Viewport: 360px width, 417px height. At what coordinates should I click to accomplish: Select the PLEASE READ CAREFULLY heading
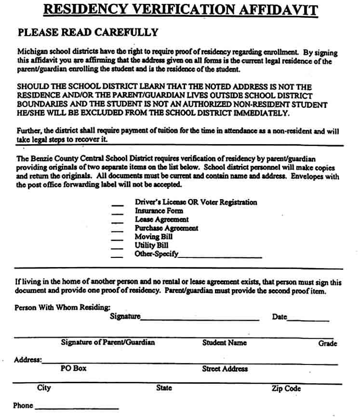[x=88, y=33]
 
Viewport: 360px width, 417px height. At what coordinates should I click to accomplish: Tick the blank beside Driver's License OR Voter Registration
[x=117, y=204]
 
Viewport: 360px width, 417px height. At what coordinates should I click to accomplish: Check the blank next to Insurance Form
[x=117, y=213]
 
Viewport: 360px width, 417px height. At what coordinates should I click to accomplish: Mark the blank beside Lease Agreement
[x=117, y=222]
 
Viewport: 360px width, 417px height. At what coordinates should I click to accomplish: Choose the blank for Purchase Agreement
[x=117, y=230]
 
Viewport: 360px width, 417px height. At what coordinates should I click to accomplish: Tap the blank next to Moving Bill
[x=117, y=239]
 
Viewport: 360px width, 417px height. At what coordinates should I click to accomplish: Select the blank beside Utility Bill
[x=117, y=248]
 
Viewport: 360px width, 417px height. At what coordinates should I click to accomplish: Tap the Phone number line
[x=77, y=408]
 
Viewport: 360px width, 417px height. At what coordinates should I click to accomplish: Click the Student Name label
[x=224, y=343]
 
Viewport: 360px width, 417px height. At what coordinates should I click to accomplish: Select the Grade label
[x=327, y=344]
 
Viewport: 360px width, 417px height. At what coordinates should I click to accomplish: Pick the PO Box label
[x=73, y=368]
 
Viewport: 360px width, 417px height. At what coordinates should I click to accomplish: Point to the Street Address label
[x=225, y=369]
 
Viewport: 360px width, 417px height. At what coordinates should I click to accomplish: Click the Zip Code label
[x=286, y=389]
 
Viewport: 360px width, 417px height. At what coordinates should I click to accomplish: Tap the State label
[x=164, y=388]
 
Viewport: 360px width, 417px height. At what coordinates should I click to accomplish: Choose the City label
[x=44, y=388]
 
